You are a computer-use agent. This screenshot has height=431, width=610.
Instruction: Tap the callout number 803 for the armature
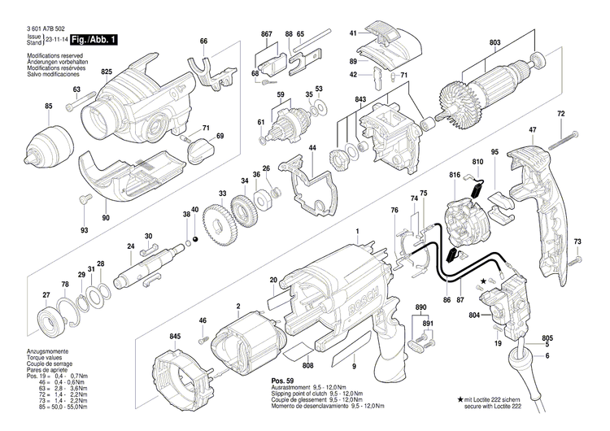click(x=495, y=41)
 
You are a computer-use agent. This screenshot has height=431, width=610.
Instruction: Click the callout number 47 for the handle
click(x=533, y=130)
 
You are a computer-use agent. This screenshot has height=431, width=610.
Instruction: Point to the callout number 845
click(x=175, y=336)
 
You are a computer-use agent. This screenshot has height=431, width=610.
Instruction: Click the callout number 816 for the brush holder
click(x=455, y=175)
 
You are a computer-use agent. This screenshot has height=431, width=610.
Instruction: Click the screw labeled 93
click(x=81, y=199)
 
